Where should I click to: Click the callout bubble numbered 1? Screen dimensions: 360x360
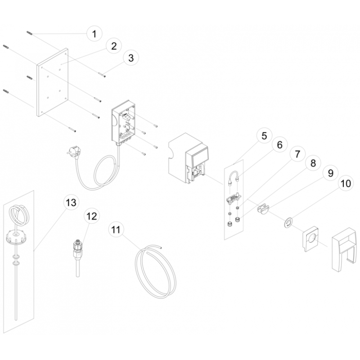click(94, 33)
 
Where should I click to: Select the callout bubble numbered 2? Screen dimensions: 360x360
click(114, 46)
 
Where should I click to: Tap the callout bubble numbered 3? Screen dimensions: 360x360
click(131, 58)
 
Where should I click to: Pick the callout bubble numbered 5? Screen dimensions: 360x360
click(264, 135)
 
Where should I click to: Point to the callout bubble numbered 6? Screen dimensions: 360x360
click(279, 144)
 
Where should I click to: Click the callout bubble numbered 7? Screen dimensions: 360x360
click(297, 154)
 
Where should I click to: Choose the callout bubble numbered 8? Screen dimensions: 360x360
click(313, 163)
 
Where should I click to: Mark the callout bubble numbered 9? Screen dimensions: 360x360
click(330, 173)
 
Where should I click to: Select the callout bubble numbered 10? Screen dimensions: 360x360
click(346, 183)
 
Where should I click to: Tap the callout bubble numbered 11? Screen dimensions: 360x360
click(116, 229)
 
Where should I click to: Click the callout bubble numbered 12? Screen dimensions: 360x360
click(92, 216)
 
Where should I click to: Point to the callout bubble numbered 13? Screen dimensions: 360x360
click(71, 202)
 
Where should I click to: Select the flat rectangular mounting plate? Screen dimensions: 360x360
click(53, 82)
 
